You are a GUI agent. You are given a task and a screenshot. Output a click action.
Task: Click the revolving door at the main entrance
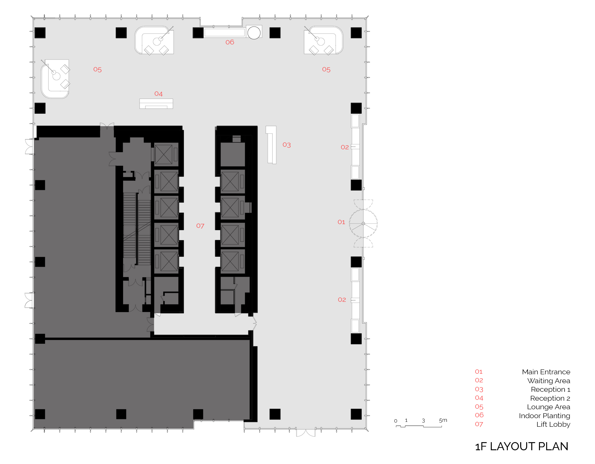(x=363, y=223)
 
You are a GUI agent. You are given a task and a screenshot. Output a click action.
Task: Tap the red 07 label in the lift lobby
(x=200, y=226)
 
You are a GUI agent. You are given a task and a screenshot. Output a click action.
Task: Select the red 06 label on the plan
(x=230, y=42)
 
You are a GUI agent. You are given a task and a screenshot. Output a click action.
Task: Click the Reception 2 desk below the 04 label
(x=156, y=104)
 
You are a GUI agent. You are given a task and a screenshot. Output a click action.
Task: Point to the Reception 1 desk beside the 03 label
(x=271, y=145)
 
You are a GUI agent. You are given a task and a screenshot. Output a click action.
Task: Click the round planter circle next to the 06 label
(x=254, y=33)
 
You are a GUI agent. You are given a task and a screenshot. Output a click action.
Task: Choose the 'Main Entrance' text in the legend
(x=546, y=372)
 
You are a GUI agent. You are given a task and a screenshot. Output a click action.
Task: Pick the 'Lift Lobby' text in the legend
(x=553, y=424)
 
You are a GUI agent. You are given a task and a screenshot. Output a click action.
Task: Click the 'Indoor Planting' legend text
(x=545, y=416)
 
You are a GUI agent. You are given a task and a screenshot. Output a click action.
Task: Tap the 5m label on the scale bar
(x=443, y=420)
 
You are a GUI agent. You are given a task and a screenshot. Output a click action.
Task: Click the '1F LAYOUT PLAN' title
(x=522, y=446)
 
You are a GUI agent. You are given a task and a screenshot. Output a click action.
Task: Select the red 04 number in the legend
(x=479, y=398)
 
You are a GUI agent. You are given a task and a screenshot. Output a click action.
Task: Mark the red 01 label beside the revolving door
(x=341, y=222)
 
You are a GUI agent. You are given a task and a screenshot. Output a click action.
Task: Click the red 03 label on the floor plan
(x=286, y=145)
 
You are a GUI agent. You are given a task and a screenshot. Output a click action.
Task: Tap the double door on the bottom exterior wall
(x=306, y=432)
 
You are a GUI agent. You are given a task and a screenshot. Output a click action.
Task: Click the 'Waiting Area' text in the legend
(x=549, y=381)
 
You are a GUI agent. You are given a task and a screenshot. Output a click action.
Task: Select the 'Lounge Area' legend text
(x=549, y=407)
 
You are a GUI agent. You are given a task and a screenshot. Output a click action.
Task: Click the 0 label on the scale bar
(x=396, y=421)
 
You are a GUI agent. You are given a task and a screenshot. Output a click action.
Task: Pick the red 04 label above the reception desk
(x=158, y=94)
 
